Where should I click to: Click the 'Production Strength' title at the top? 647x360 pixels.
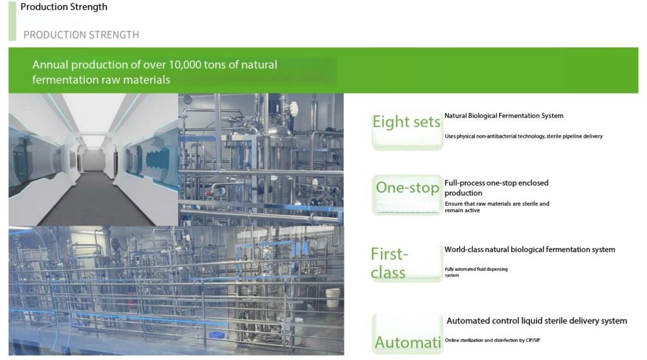64,7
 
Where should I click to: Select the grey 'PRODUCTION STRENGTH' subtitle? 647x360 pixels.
82,35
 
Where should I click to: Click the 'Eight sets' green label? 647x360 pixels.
406,122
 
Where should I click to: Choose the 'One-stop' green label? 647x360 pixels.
408,188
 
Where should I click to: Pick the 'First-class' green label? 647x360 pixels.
389,263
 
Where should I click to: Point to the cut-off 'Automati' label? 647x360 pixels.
408,342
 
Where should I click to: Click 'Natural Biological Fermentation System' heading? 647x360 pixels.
504,116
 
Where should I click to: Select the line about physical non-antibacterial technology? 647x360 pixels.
524,136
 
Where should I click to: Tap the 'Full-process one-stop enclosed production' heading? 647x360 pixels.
497,188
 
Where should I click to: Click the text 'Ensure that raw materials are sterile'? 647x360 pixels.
492,204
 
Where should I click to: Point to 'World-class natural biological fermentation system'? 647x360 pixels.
530,249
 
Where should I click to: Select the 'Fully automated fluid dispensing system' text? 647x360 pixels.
476,272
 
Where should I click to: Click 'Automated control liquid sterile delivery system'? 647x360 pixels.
537,321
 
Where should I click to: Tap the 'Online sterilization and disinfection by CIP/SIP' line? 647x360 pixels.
492,340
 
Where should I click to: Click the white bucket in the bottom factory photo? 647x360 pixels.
332,297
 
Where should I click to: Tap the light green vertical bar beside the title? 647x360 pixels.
13,21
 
